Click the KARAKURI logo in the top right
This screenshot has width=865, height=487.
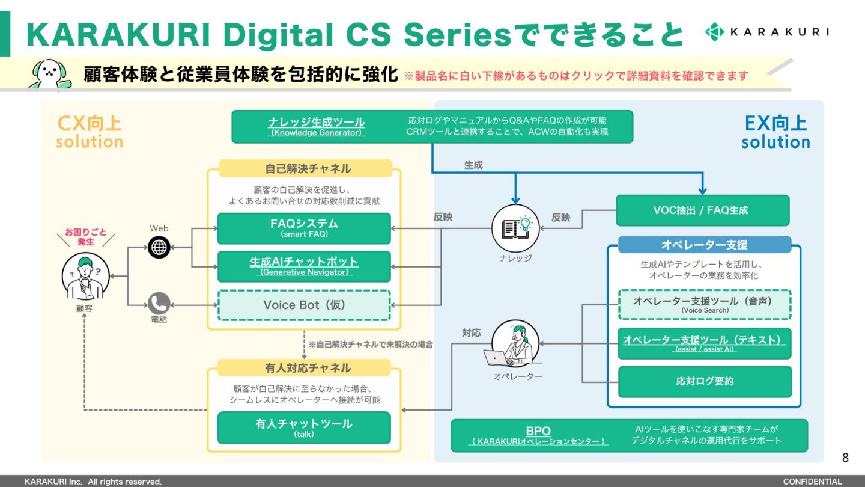click(766, 32)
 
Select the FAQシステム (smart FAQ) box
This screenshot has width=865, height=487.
click(304, 228)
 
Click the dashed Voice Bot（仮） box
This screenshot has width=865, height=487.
click(304, 305)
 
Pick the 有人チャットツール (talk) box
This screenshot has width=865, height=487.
click(304, 427)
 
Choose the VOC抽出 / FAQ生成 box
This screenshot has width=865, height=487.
click(702, 210)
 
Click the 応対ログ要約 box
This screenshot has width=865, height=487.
click(705, 381)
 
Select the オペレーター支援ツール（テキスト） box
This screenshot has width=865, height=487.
click(705, 343)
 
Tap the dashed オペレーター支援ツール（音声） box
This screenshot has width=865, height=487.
click(705, 304)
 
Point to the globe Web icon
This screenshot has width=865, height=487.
click(159, 247)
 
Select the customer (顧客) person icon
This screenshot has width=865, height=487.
click(85, 278)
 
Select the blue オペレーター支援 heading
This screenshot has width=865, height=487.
click(705, 245)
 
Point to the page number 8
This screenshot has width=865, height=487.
click(845, 458)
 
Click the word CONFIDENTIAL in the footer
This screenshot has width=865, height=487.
click(812, 482)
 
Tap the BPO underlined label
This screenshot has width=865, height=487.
click(538, 431)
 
